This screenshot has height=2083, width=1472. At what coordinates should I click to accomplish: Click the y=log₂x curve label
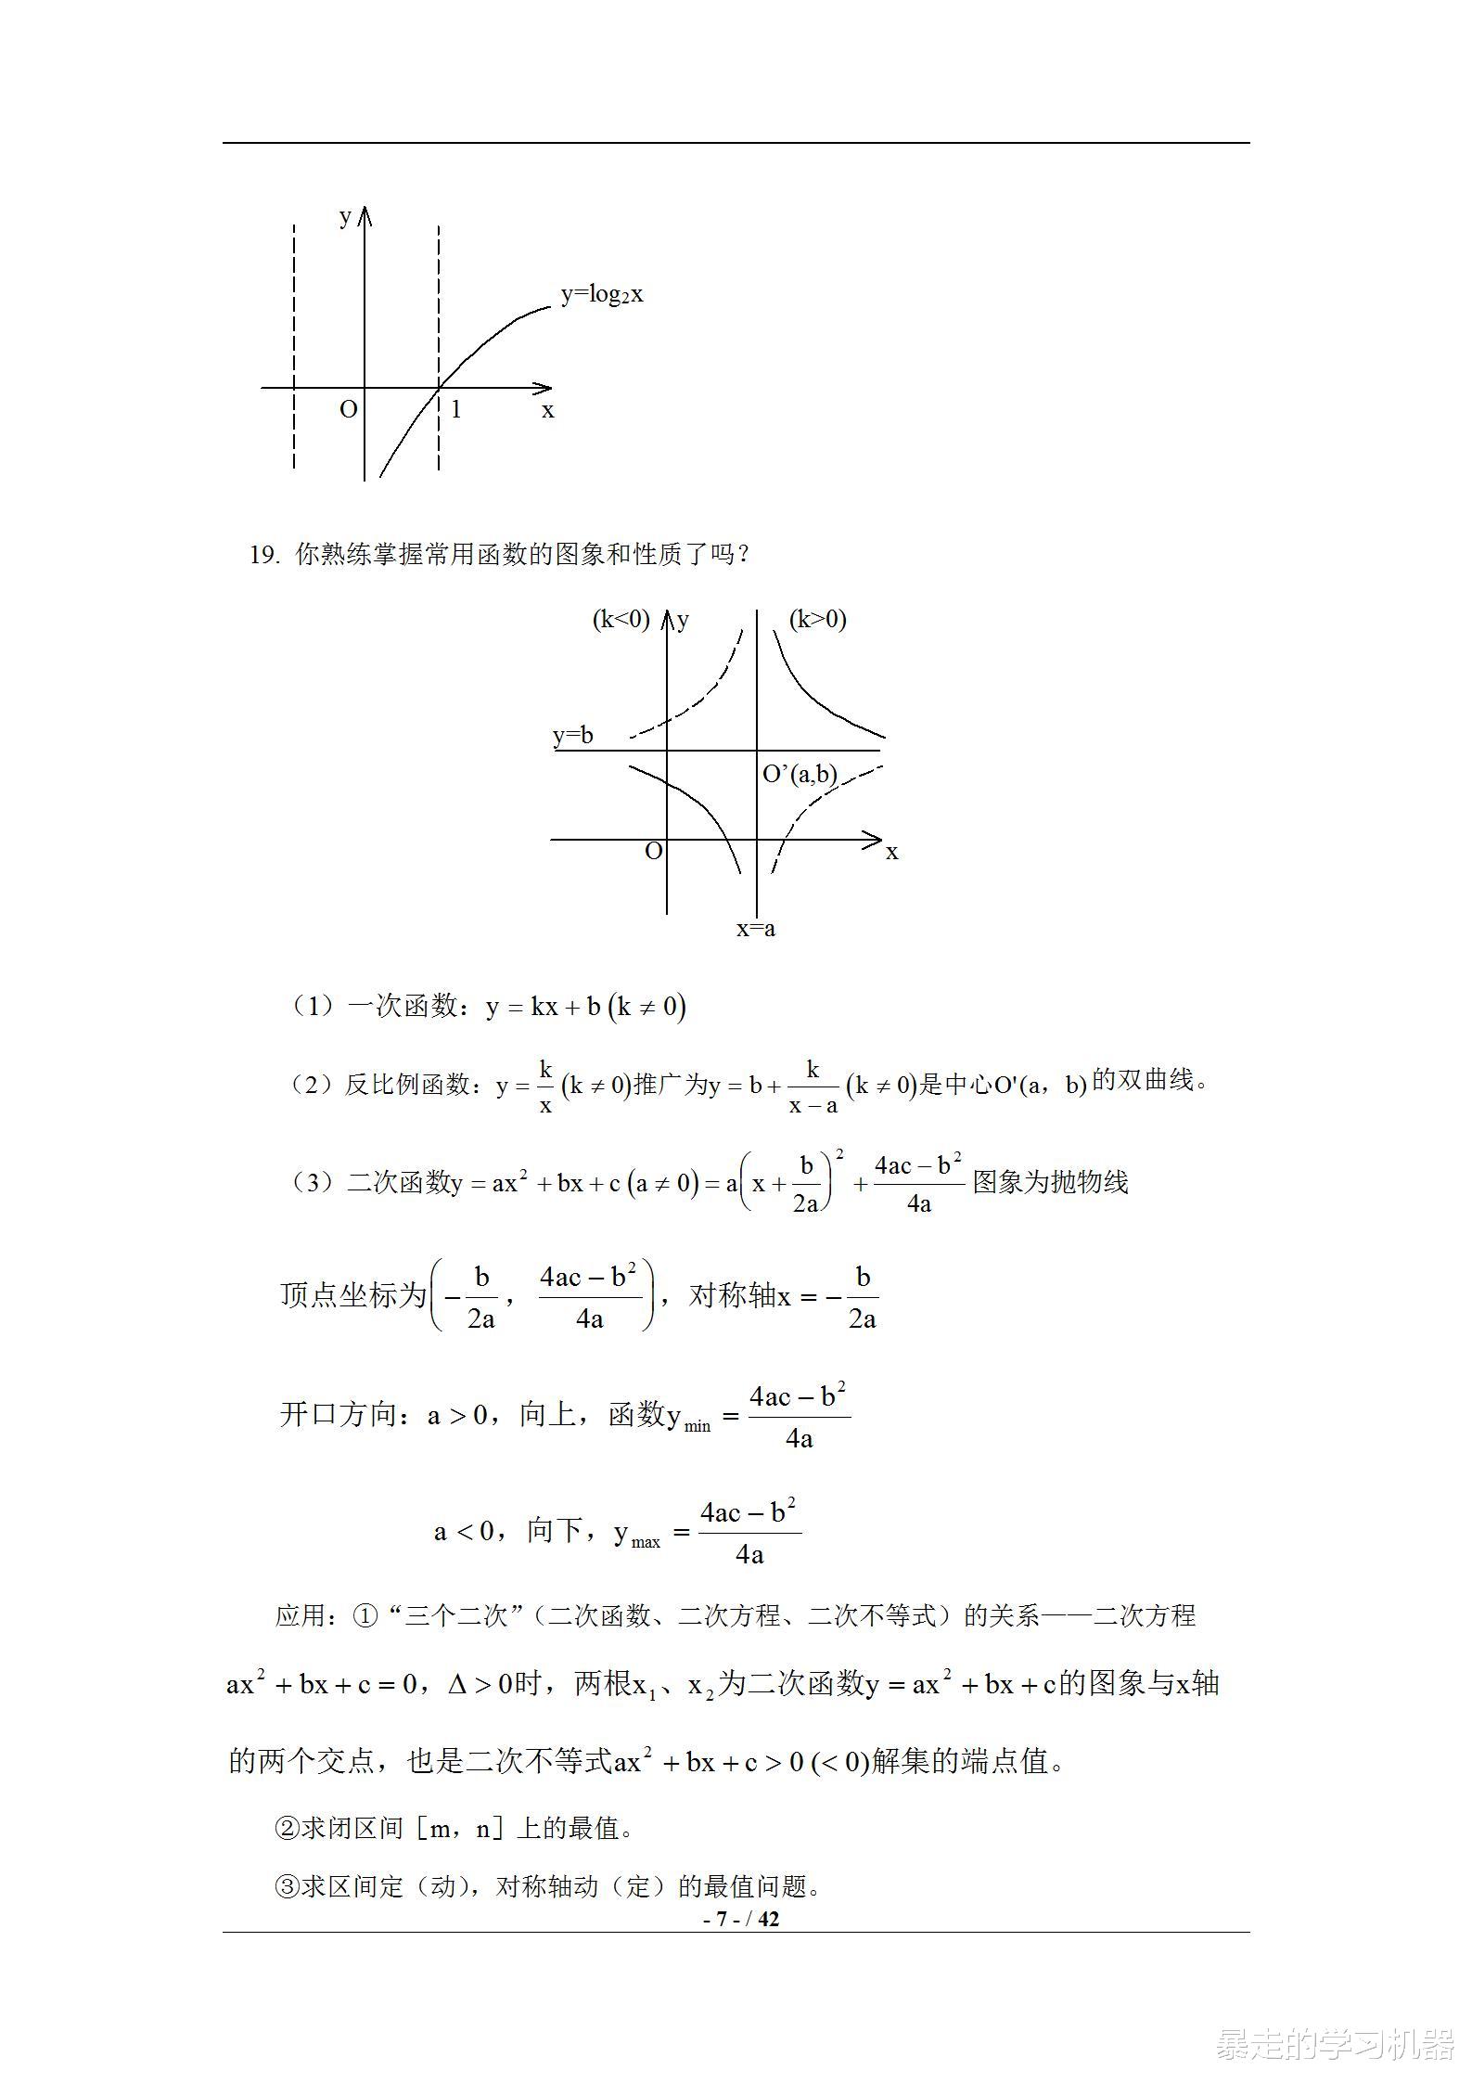pos(601,295)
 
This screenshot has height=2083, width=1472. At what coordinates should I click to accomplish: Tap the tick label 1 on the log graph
pos(455,409)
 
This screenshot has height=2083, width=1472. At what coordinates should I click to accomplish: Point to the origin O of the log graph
pos(349,409)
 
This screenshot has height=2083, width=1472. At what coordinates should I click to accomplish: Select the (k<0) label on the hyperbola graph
pos(621,619)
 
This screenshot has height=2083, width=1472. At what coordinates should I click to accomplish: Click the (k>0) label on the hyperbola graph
pos(817,619)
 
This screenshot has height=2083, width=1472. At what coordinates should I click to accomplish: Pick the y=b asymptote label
pos(572,736)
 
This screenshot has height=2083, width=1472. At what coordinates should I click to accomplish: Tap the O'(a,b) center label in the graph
pos(800,774)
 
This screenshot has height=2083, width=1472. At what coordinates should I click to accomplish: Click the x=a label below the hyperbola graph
pos(755,928)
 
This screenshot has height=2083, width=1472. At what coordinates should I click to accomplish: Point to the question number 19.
pos(263,555)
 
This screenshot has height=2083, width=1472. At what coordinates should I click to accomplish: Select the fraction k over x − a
pos(813,1087)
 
